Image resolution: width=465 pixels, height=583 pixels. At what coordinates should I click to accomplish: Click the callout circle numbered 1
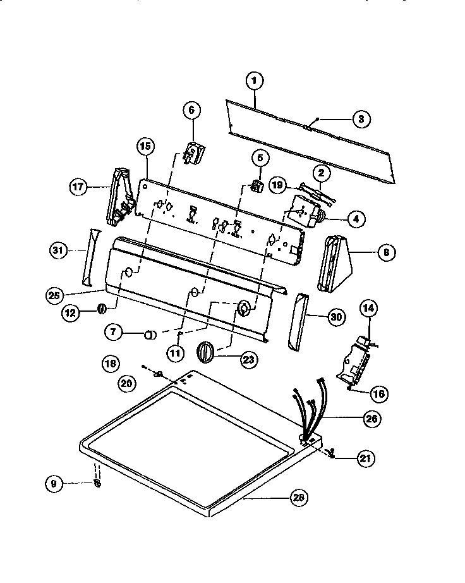click(254, 80)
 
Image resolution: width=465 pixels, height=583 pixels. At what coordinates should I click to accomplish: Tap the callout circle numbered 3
click(361, 118)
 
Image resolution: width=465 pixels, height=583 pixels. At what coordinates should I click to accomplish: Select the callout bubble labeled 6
click(191, 109)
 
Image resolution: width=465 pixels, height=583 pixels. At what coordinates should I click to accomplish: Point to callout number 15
click(145, 147)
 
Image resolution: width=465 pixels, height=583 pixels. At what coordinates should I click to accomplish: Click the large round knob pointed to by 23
click(207, 351)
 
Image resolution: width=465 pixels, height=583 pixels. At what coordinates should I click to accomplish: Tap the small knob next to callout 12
click(100, 309)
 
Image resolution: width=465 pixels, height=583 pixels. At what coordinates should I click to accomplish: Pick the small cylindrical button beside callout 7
click(150, 334)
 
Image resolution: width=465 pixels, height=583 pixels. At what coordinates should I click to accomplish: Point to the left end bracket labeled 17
click(119, 196)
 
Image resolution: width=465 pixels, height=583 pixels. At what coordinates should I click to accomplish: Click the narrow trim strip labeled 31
click(89, 257)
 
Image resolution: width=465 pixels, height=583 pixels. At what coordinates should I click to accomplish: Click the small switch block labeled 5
click(257, 185)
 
